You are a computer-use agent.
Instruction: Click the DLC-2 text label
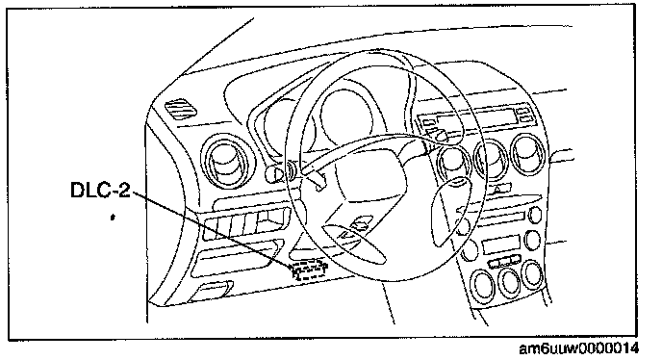coord(100,190)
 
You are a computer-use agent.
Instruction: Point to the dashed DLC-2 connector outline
coord(310,270)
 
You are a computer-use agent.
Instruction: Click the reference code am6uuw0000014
coord(578,348)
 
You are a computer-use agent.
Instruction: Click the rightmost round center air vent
coord(527,154)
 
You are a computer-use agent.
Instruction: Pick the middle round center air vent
coord(490,159)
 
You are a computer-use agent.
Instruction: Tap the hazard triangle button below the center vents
coord(498,189)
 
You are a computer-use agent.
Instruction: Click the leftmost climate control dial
coord(482,285)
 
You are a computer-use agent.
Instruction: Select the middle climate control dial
coord(508,281)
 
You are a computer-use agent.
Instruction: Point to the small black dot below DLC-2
coord(113,218)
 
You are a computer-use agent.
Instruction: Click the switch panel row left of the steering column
coord(245,223)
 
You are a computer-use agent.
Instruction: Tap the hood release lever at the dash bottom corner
coord(211,291)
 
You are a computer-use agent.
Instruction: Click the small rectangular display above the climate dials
coord(500,245)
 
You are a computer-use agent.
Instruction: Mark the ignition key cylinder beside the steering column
coord(275,172)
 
